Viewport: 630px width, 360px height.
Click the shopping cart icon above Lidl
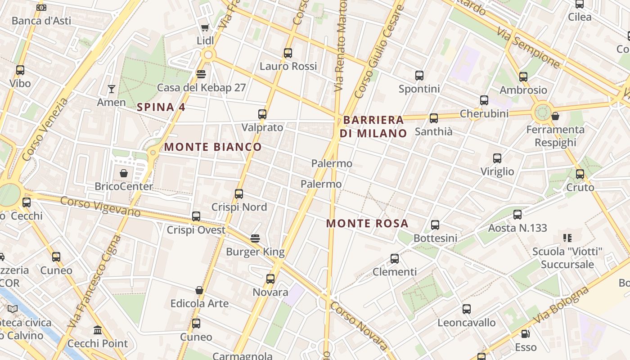click(205, 27)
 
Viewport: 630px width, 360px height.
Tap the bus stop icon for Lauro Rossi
click(288, 53)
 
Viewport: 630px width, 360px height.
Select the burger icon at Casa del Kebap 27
click(201, 74)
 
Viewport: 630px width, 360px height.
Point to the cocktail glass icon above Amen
click(111, 89)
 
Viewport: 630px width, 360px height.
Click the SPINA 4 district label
click(161, 107)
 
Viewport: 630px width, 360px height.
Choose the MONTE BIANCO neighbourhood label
click(212, 147)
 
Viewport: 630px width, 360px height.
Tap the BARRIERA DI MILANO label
click(373, 126)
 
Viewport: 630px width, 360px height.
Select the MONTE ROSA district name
click(367, 223)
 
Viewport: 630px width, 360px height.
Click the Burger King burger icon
click(255, 238)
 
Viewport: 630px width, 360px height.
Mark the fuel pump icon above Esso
click(525, 334)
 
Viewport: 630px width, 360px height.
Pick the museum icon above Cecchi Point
click(97, 330)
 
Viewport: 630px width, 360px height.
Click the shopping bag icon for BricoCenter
click(124, 173)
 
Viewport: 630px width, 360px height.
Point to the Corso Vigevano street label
click(100, 207)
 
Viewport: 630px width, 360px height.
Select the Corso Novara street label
click(358, 325)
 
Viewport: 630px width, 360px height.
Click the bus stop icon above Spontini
click(419, 76)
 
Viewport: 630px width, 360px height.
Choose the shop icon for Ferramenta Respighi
click(555, 116)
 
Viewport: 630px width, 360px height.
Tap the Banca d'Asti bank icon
click(41, 8)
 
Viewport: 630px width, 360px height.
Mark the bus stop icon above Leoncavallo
click(467, 309)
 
